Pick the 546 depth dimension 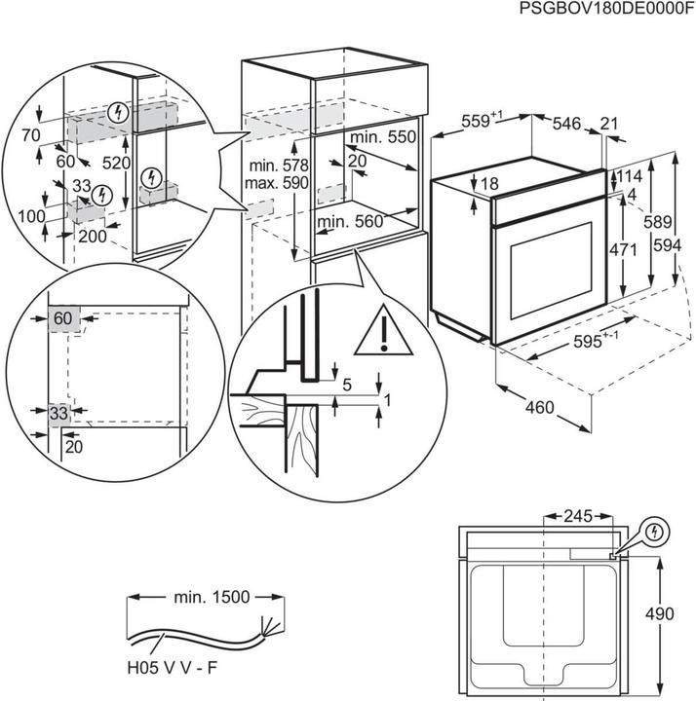[566, 124]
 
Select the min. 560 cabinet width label [350, 222]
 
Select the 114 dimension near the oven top [628, 177]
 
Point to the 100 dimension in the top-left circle [32, 215]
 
